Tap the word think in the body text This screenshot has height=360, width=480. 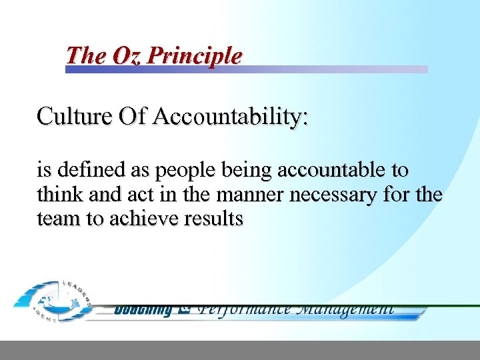click(57, 195)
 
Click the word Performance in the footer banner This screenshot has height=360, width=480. click(245, 308)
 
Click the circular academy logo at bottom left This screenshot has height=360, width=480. click(53, 301)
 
